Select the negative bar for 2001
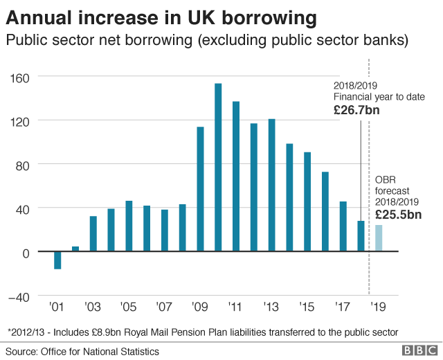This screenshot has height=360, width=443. (57, 260)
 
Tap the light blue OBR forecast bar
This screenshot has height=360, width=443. (379, 239)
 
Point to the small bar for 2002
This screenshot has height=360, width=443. (75, 249)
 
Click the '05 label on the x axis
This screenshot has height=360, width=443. (128, 306)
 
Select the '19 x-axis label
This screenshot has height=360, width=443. (379, 306)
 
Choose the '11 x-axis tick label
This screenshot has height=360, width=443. (235, 306)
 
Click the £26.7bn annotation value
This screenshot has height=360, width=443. (356, 109)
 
